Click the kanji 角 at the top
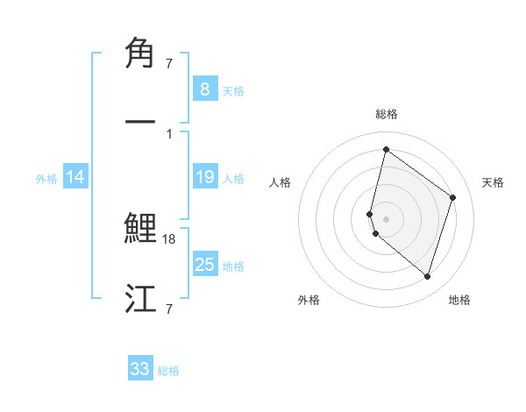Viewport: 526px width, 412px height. [141, 53]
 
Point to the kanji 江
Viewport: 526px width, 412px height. [141, 298]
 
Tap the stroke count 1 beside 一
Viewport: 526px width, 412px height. [168, 133]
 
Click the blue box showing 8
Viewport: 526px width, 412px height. [204, 89]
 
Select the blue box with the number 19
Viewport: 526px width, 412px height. [204, 177]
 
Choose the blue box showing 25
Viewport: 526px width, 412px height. [204, 264]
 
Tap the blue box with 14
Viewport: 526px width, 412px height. [75, 177]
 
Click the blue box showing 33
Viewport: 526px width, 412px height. [140, 369]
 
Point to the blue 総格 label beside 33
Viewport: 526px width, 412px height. [168, 371]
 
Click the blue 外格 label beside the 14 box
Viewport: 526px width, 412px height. [46, 179]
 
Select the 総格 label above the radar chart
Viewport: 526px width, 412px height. [386, 114]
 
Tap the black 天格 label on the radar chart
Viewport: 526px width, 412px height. [493, 182]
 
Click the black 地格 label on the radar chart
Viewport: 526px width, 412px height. [459, 300]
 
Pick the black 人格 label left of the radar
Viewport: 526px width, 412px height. [281, 182]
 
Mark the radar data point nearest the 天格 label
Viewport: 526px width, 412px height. [453, 197]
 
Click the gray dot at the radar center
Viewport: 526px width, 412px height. [386, 218]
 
